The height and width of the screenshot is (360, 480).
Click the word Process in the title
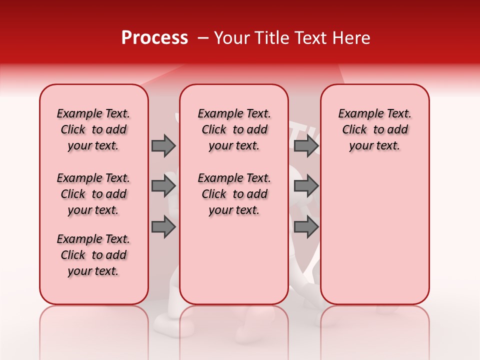[154, 38]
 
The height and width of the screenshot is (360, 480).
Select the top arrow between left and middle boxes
[163, 145]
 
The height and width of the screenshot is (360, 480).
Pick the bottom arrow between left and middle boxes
[163, 227]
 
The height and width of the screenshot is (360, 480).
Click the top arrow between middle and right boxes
[306, 145]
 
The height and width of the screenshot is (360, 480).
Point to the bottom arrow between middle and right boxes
[306, 227]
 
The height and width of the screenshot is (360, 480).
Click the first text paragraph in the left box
[93, 129]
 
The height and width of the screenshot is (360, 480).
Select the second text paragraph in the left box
[93, 194]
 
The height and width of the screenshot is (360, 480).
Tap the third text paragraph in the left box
[93, 255]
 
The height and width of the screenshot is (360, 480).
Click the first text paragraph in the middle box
[234, 129]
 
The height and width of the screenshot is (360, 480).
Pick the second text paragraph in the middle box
[234, 194]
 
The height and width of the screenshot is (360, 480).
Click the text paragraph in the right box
[374, 129]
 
